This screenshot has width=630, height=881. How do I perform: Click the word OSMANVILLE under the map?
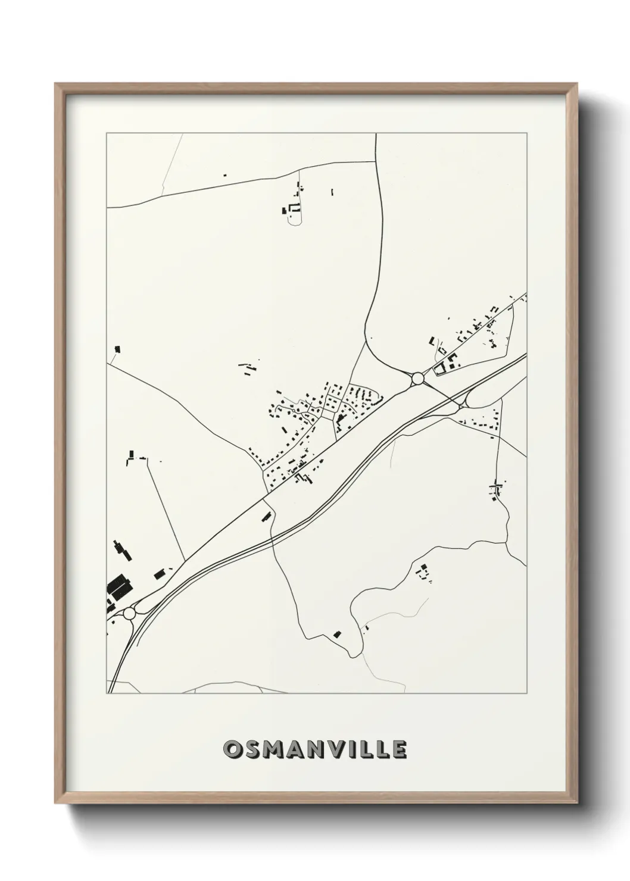coord(315,749)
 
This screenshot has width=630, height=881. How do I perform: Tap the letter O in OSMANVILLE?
coord(232,749)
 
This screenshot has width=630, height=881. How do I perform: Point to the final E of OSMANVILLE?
coord(398,749)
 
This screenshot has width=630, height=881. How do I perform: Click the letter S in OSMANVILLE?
coord(249,749)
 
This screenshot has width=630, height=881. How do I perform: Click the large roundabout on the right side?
coord(417,378)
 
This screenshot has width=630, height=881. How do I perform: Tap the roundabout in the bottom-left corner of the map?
coord(130,613)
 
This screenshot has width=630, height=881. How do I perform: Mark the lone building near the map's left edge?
coord(117,349)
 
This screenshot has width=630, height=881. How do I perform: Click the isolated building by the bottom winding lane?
coord(338,634)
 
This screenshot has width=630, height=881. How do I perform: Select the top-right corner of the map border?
coord(527,134)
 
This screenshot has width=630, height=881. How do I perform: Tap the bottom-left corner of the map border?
coord(107,693)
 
